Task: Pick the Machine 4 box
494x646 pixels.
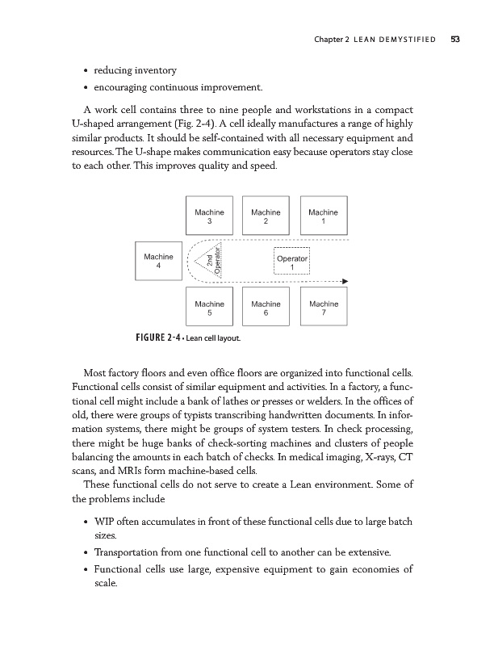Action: point(158,261)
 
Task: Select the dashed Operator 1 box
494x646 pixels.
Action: point(292,261)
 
